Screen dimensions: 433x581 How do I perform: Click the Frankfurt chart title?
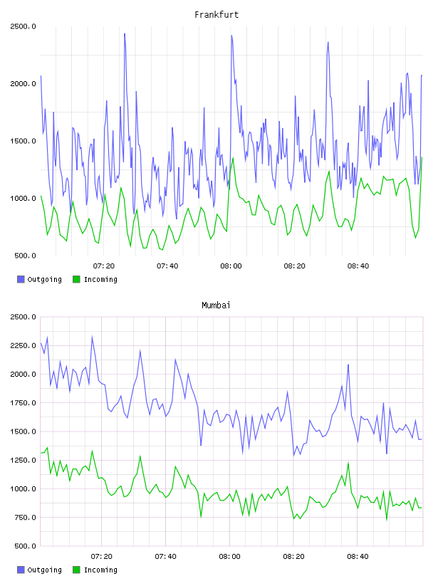pos(216,15)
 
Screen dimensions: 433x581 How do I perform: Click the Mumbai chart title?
pos(216,305)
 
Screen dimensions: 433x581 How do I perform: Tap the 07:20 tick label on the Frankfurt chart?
pos(104,266)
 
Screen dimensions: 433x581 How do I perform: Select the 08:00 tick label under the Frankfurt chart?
pos(231,266)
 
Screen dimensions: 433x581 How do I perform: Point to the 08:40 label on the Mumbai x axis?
pos(358,556)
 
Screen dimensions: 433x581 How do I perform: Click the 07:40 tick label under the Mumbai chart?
pos(166,556)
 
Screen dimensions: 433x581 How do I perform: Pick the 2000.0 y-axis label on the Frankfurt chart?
pos(23,84)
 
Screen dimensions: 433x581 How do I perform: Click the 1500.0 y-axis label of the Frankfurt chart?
pos(23,141)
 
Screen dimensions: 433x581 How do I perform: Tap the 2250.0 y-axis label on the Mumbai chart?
pos(23,346)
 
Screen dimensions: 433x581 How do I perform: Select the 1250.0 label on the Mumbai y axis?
pos(23,460)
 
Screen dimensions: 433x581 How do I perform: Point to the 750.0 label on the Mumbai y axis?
pos(25,518)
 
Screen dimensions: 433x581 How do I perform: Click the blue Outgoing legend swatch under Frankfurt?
pos(21,279)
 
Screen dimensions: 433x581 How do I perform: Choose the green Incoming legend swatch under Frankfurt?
pos(76,279)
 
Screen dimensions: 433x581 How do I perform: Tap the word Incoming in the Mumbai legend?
pos(100,570)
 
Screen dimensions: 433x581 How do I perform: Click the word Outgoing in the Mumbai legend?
pos(44,570)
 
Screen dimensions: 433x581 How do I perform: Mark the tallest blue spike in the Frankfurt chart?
pos(125,33)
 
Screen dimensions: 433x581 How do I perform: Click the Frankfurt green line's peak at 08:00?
pos(233,158)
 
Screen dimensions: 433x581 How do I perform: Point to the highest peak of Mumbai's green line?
pos(47,448)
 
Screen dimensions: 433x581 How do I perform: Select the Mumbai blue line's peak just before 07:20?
pos(92,337)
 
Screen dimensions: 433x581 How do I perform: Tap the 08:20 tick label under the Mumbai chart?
pos(293,556)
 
